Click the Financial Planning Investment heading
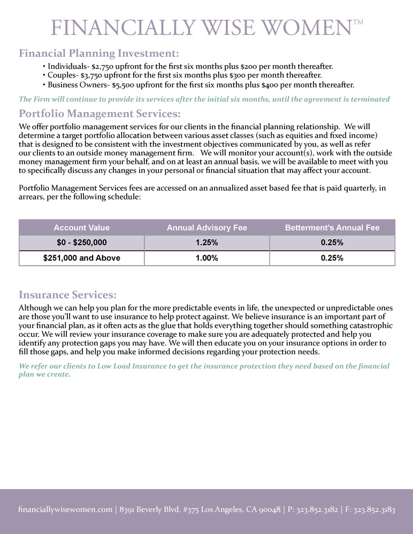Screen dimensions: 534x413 99,53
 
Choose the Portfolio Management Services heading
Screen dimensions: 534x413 100,114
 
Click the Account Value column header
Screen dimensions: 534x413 81,227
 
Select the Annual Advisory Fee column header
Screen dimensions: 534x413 206,227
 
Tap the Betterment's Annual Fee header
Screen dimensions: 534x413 332,227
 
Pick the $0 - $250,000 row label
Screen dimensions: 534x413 81,242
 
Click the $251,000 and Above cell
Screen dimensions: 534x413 81,258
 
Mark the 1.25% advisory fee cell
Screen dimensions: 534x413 206,242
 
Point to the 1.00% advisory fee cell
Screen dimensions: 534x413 206,258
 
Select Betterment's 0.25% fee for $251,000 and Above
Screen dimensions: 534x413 332,258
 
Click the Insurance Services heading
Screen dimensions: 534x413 67,295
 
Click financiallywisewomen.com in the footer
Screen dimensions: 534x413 65,510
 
